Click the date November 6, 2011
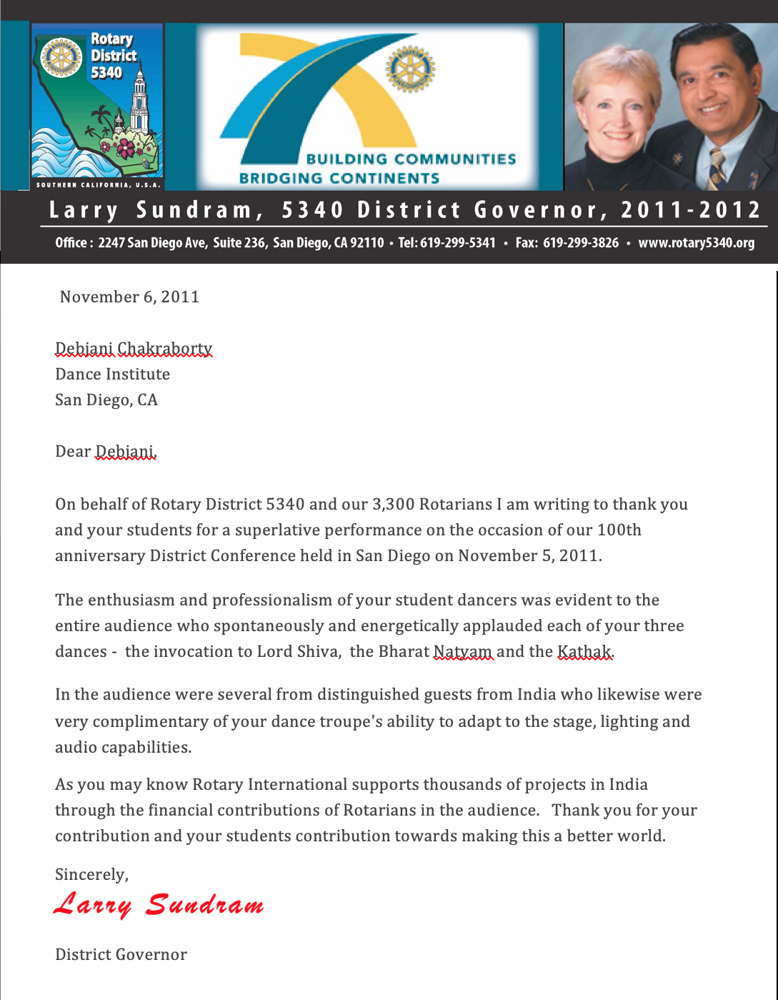130,297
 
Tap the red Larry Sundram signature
159,905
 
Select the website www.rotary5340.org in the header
696,243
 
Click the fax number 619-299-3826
580,243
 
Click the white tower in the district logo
140,100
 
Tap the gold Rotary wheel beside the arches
410,69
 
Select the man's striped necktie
717,167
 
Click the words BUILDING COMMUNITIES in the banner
411,159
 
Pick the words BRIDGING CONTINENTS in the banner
339,178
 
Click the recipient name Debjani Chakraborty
134,349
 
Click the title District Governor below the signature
121,955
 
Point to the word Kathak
584,652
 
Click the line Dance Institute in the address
112,375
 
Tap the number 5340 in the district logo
106,72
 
